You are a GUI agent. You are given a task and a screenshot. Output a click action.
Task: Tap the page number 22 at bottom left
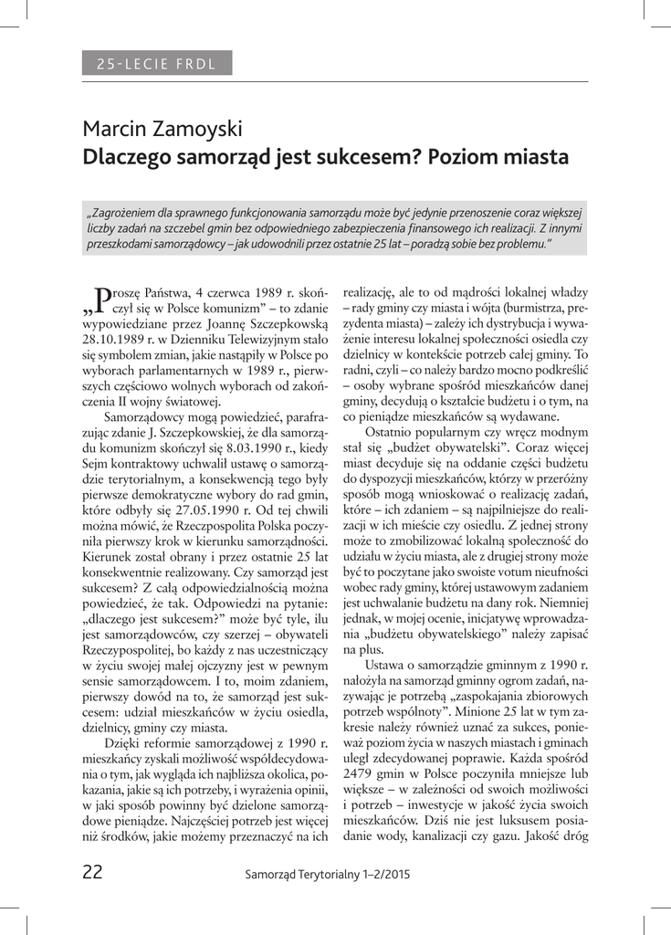92,872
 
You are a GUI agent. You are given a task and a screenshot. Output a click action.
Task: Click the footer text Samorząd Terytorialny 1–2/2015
328,874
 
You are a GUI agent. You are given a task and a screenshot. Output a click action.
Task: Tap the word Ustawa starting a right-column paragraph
386,667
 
